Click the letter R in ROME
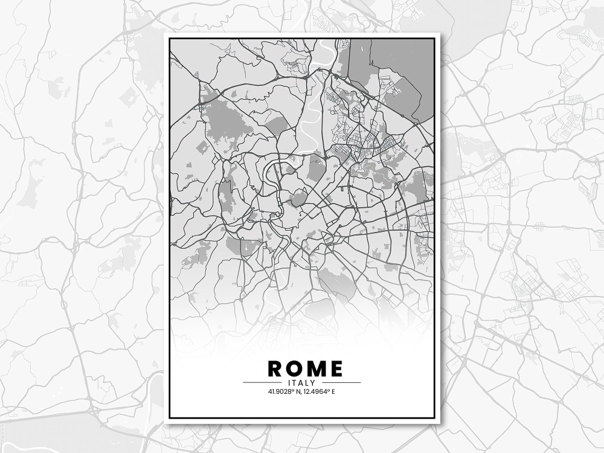(275, 368)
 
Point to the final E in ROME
(335, 368)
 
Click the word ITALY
(302, 383)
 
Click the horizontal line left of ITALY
(262, 383)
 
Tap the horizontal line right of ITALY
(341, 383)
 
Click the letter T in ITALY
(294, 383)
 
